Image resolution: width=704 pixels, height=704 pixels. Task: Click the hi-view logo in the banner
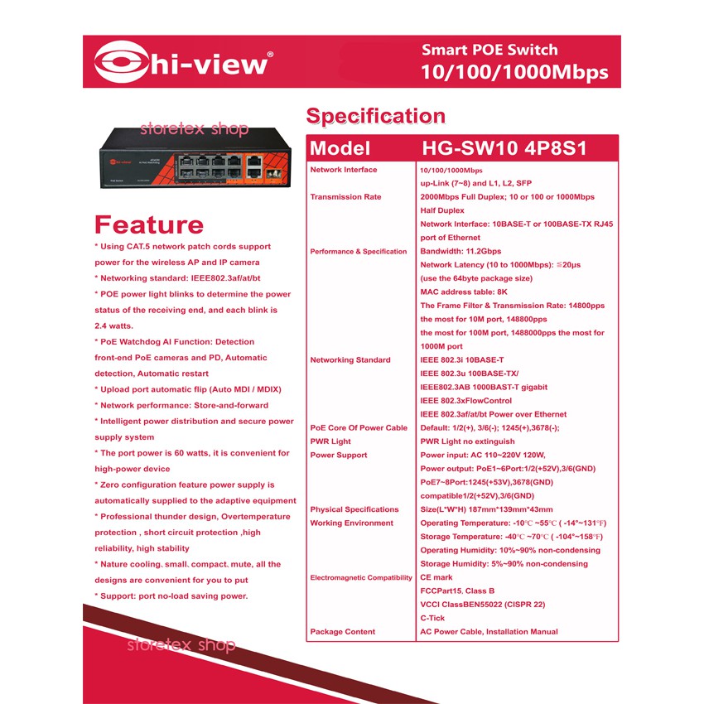tap(183, 62)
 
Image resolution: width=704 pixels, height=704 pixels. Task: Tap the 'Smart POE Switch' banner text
tap(489, 50)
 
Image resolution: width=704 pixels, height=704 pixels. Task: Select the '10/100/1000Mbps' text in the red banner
tap(514, 73)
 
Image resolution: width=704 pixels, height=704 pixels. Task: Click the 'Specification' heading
tap(375, 116)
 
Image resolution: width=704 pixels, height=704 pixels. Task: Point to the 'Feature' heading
tap(149, 224)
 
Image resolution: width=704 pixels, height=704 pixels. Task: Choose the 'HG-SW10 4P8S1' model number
tap(504, 149)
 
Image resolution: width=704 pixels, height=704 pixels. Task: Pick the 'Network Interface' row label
tap(343, 170)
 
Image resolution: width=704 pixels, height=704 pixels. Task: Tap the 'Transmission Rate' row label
tap(345, 197)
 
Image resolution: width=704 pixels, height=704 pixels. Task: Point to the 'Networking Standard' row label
tap(350, 360)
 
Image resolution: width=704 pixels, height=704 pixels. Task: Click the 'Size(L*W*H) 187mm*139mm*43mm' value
tap(486, 509)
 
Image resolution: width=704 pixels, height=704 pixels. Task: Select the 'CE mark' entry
tap(436, 577)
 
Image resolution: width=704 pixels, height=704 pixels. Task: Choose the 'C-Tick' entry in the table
tap(433, 618)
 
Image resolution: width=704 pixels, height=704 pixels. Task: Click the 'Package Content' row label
tap(342, 632)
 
